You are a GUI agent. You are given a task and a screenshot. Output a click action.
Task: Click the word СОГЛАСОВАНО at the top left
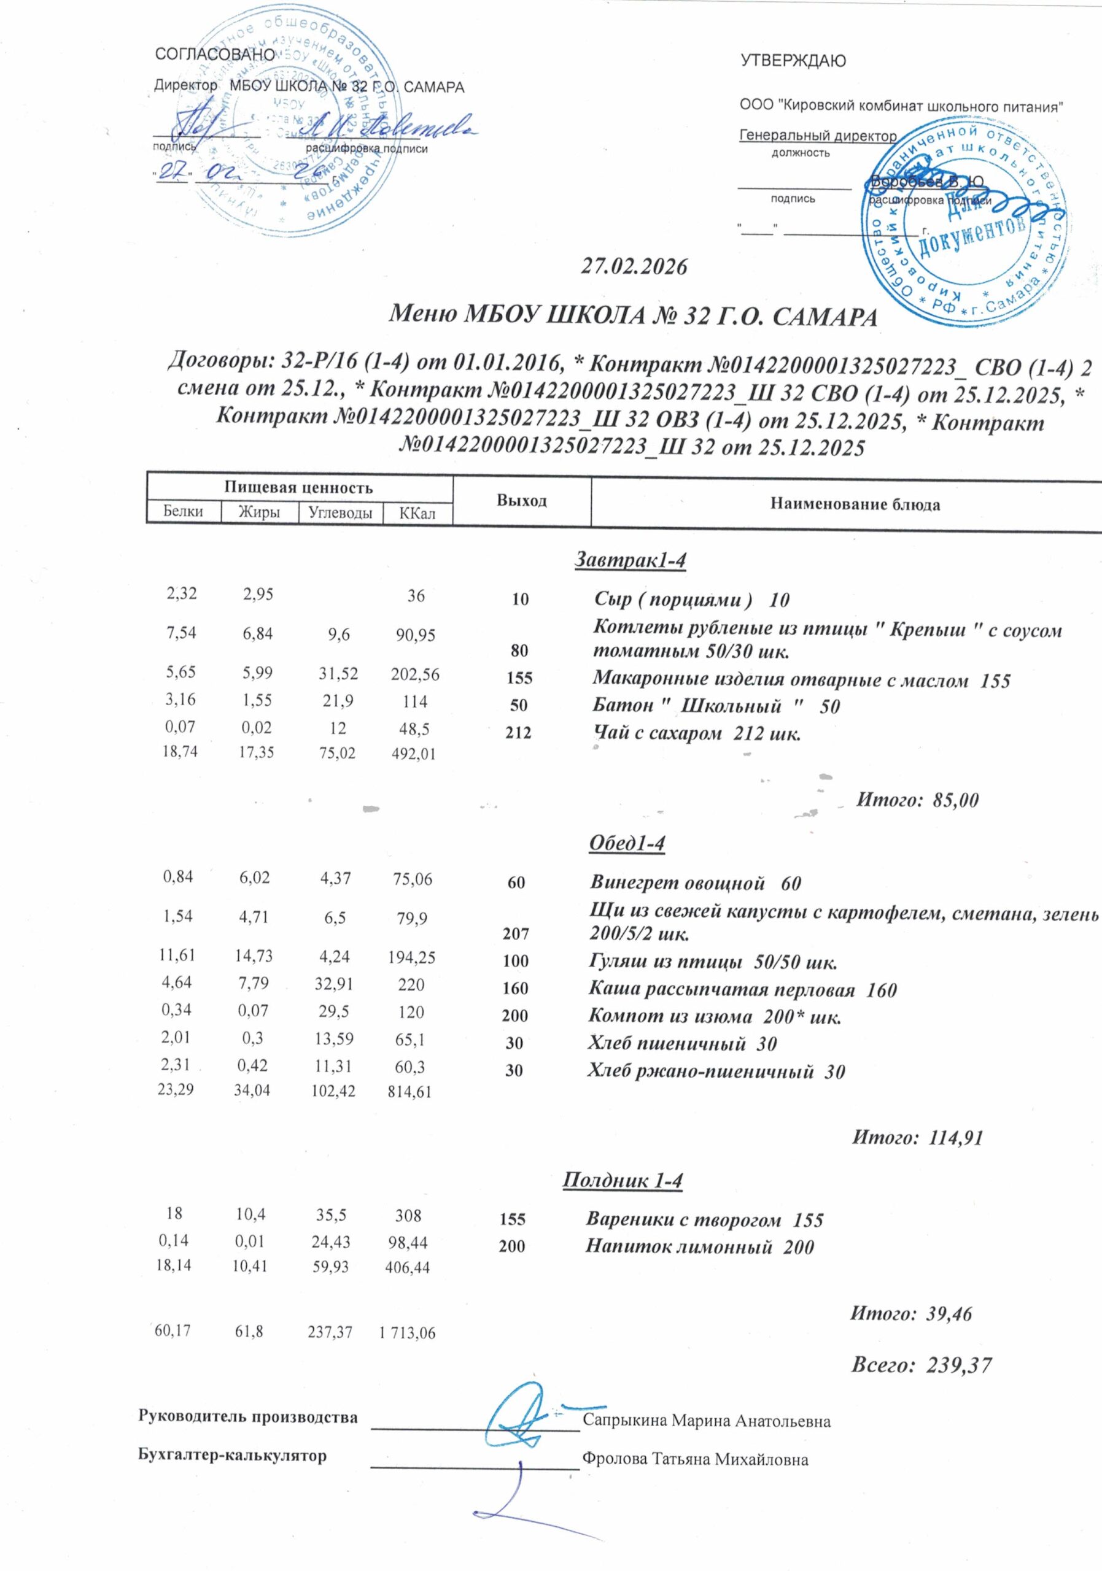(x=215, y=54)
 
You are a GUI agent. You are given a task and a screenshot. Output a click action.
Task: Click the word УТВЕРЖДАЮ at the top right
(x=793, y=61)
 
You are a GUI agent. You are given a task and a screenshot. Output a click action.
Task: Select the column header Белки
(x=184, y=512)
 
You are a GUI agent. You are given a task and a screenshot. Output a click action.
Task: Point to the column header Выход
(x=522, y=500)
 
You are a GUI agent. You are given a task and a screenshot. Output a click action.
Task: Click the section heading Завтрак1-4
(x=630, y=560)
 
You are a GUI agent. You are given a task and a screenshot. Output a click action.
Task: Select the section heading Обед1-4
(x=626, y=844)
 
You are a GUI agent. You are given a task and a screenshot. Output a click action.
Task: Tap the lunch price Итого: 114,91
(x=917, y=1137)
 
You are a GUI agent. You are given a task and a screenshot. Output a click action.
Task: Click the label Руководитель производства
(x=248, y=1416)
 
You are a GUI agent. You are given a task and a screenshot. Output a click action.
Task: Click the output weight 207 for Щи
(x=516, y=933)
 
